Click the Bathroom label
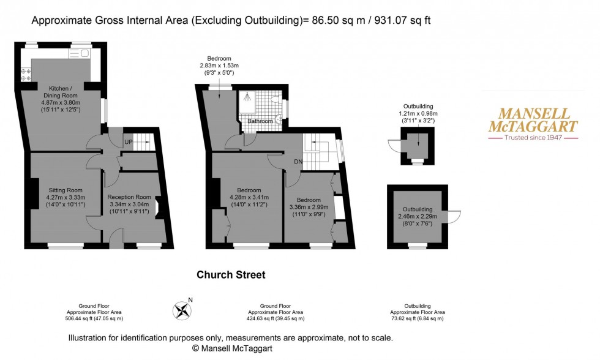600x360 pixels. pos(260,121)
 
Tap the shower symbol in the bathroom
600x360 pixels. pos(246,97)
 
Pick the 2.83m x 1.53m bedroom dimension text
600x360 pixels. pos(219,66)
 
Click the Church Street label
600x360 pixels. pos(231,275)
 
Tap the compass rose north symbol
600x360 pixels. pos(183,311)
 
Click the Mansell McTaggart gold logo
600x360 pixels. pos(532,121)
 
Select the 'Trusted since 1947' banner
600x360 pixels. pos(532,138)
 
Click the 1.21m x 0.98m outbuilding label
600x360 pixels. pos(418,113)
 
